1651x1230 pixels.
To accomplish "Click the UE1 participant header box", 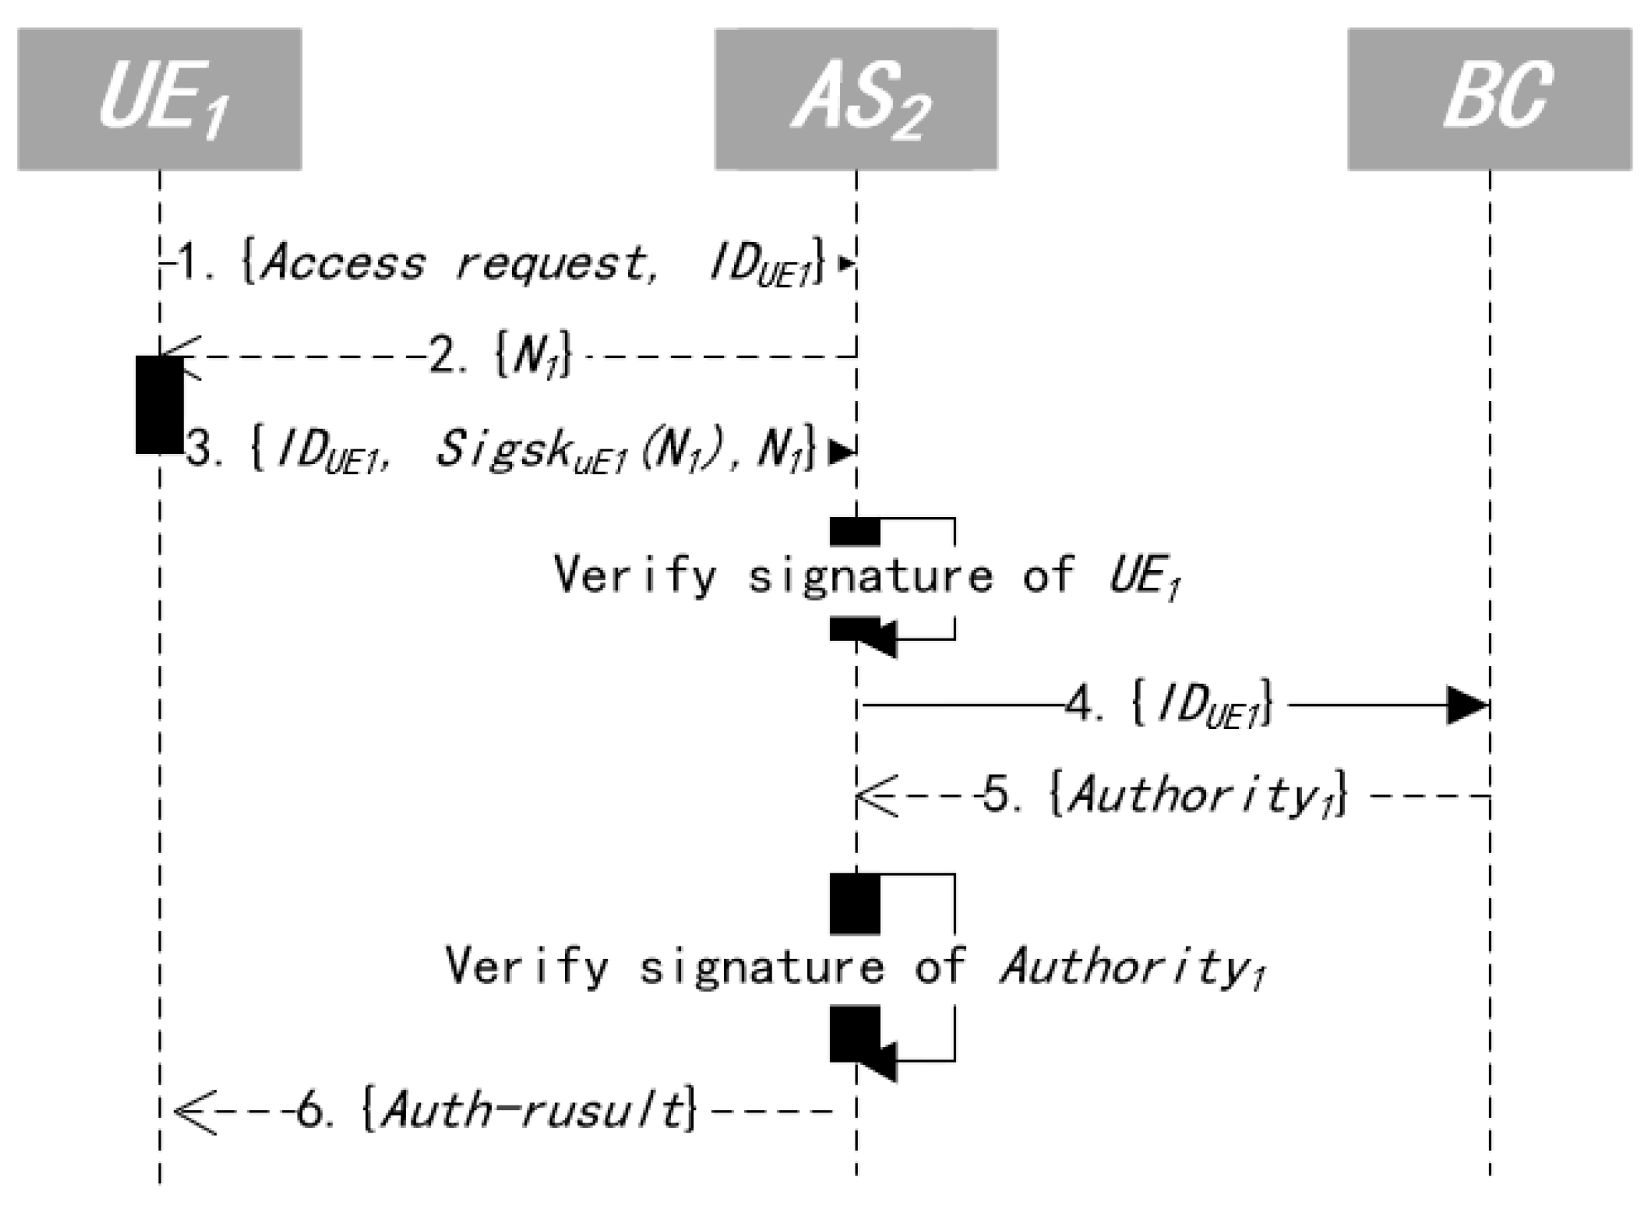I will [159, 99].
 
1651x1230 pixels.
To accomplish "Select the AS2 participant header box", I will [856, 99].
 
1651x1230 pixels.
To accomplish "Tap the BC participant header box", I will [1489, 99].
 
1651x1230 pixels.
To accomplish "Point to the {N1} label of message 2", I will [533, 357].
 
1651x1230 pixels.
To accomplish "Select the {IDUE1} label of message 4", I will [1203, 705].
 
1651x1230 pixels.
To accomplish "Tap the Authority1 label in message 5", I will [1199, 796].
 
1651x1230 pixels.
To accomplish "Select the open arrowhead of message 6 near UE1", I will [194, 1111].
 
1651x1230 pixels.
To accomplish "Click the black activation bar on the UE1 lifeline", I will [159, 405].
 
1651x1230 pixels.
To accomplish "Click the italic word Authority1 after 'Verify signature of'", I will [1131, 966].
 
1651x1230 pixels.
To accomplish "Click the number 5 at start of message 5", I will [997, 796].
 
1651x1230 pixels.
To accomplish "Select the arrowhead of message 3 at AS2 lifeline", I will [842, 453].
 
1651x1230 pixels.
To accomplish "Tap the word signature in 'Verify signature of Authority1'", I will [762, 966].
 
